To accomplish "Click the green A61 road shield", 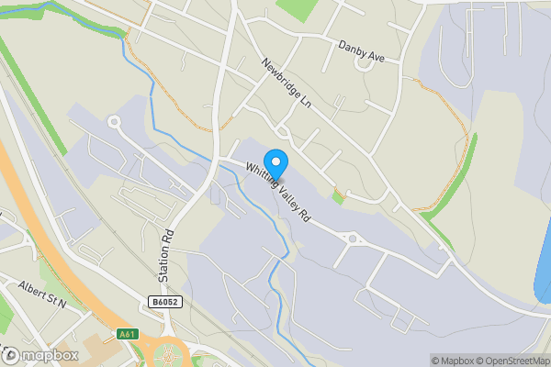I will click(x=128, y=334).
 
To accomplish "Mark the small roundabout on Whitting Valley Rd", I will click(x=352, y=239).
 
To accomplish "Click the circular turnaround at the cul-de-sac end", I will click(x=114, y=121).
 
